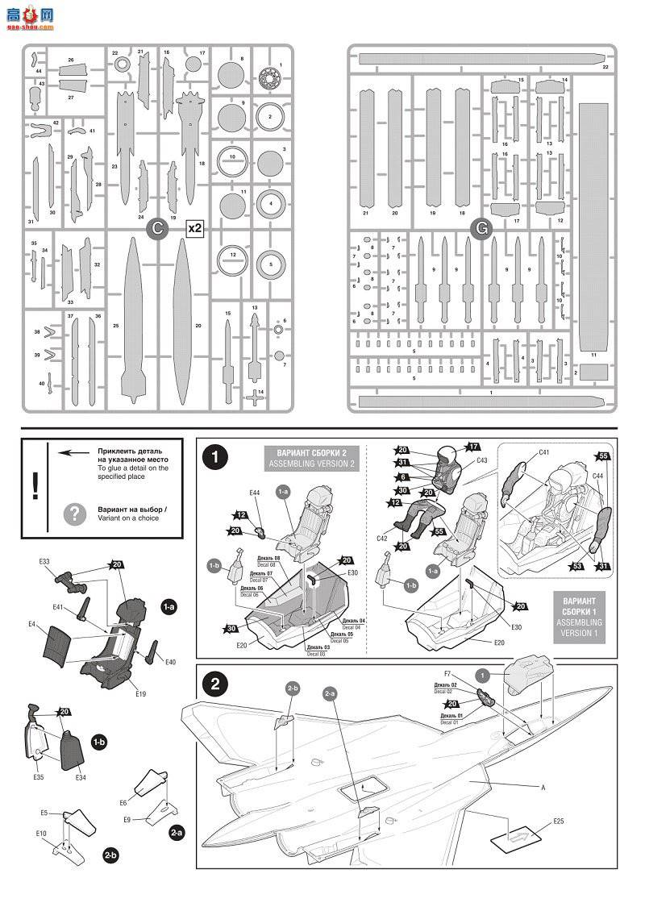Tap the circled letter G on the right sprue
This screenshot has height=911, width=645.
[x=481, y=229]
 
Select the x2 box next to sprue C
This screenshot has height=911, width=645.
[x=194, y=229]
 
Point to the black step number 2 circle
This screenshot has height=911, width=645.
[x=214, y=684]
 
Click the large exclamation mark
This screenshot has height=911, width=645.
[x=35, y=485]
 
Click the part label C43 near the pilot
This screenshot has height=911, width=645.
[x=481, y=461]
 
